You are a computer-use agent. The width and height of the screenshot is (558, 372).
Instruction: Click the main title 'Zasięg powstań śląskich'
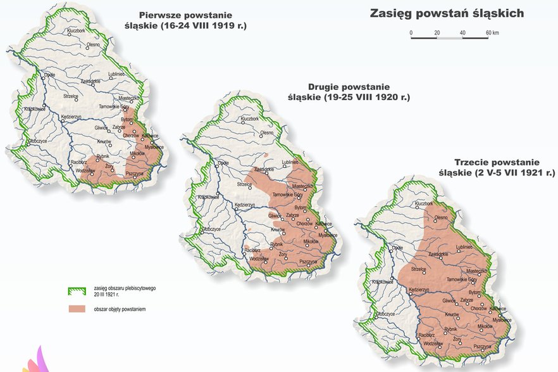click(x=447, y=13)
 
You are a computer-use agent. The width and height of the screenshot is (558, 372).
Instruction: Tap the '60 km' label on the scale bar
click(x=492, y=32)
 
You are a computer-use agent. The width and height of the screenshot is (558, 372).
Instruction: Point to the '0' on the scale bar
click(x=411, y=32)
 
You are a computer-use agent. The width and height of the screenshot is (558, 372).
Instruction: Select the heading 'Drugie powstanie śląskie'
click(x=358, y=92)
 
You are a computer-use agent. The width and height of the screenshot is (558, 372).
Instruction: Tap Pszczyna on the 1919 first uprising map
click(x=135, y=172)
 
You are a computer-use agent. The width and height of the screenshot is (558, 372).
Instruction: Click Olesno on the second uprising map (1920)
click(x=266, y=133)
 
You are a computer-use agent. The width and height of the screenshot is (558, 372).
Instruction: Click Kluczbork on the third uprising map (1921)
click(x=425, y=204)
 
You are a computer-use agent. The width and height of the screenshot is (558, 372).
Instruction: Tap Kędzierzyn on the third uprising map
click(x=419, y=289)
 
